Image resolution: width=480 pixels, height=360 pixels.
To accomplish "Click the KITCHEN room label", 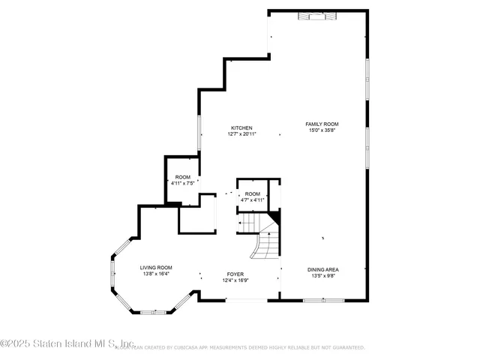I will click(x=241, y=127).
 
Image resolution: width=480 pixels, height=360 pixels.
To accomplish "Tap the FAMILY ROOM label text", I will click(x=322, y=124).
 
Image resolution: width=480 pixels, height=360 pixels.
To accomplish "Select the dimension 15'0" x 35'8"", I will click(x=322, y=130).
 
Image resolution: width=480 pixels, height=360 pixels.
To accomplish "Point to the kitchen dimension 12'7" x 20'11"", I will click(x=241, y=134).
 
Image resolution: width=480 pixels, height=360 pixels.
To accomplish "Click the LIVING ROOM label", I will click(x=156, y=268).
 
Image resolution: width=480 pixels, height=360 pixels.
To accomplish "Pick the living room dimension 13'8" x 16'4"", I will click(x=156, y=274).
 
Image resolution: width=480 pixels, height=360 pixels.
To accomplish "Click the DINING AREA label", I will click(x=323, y=269).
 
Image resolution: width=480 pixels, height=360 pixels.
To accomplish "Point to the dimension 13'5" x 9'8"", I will click(x=323, y=276).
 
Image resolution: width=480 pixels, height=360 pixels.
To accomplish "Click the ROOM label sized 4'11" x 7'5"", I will click(x=183, y=176).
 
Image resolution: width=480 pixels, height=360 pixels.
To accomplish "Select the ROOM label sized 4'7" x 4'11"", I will click(x=252, y=193).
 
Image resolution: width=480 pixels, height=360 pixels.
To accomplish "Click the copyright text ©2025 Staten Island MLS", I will click(x=67, y=345).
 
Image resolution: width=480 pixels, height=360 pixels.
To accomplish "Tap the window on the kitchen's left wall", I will click(x=199, y=132).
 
